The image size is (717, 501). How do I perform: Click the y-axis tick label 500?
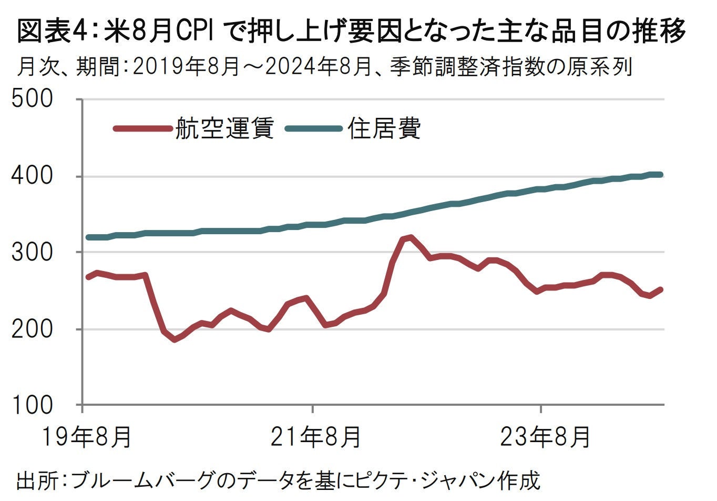(x=32, y=99)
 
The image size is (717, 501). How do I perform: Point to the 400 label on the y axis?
(x=32, y=176)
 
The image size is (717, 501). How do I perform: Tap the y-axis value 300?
(x=32, y=252)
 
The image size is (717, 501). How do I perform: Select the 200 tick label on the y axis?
(x=32, y=329)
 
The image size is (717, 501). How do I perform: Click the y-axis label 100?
(x=32, y=405)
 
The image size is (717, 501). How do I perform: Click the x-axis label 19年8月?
(x=87, y=436)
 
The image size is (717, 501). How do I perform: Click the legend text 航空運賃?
(x=224, y=128)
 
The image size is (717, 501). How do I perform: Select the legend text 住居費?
(x=384, y=128)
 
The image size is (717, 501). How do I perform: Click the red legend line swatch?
(x=142, y=128)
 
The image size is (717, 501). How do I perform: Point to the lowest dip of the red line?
(x=175, y=339)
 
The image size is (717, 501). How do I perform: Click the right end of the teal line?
(x=661, y=174)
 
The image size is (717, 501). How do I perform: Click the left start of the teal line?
(x=88, y=237)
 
